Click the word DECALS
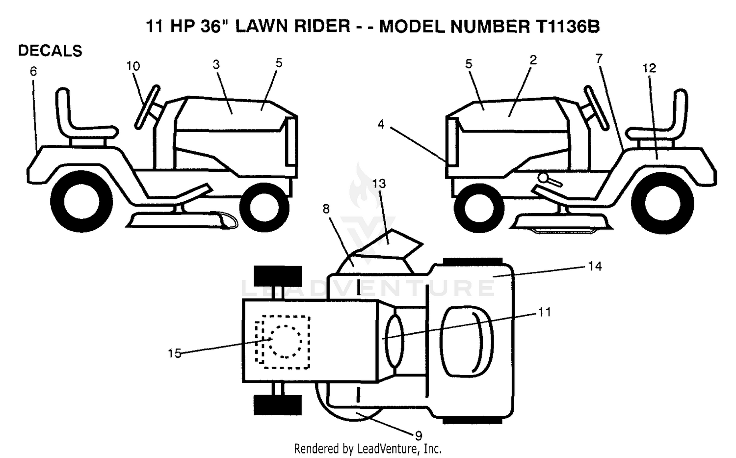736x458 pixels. (50, 51)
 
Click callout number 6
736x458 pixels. (33, 71)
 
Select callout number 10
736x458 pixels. (133, 66)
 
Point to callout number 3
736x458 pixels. (216, 64)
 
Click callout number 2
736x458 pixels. (533, 59)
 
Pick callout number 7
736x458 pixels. (599, 58)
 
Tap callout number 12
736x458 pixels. (649, 68)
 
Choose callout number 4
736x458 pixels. (381, 124)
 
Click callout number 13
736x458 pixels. (379, 184)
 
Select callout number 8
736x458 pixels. (326, 209)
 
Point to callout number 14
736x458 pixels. (595, 266)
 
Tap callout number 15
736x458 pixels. (175, 353)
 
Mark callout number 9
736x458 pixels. (419, 435)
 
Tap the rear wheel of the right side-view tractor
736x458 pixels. (663, 204)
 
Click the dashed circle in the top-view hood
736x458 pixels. (285, 341)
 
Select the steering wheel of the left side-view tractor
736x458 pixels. (147, 107)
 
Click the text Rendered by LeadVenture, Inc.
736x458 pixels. (368, 449)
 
